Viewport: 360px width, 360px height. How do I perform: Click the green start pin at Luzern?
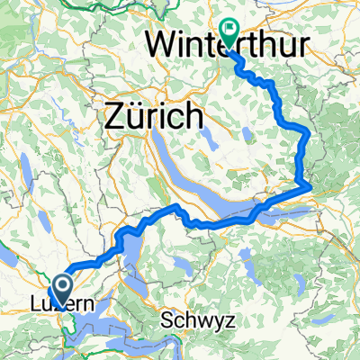(64, 287)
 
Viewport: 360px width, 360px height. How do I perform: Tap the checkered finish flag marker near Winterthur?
(227, 32)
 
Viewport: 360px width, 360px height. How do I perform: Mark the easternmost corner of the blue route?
(311, 186)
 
